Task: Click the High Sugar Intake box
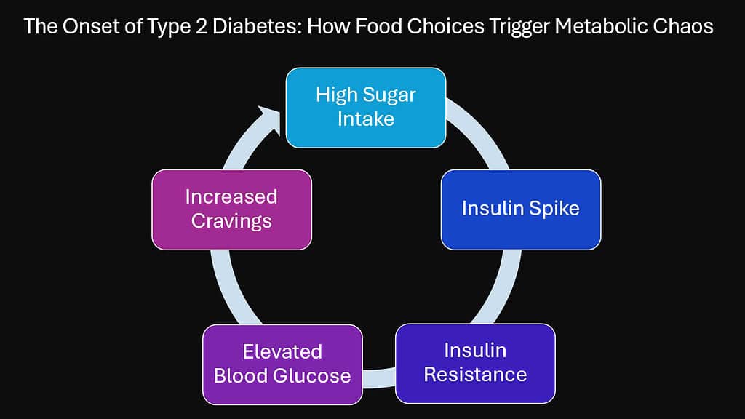tap(365, 108)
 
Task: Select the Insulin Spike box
tap(521, 209)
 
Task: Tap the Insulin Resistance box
tap(475, 363)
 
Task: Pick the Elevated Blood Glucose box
tap(282, 364)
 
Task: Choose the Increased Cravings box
tap(231, 209)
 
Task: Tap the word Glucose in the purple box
tap(314, 375)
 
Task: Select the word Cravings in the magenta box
tap(231, 220)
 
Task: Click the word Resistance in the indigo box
tap(475, 375)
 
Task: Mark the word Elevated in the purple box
tap(282, 352)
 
